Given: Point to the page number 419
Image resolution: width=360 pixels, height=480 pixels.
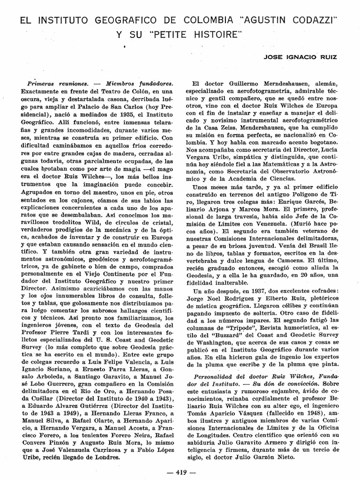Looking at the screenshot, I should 180,472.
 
